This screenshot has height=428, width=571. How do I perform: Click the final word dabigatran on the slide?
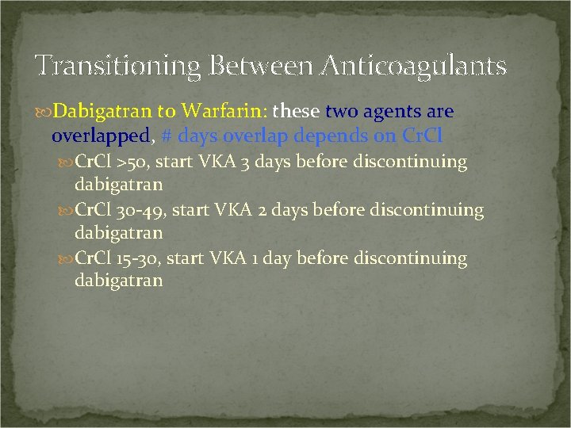(118, 281)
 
